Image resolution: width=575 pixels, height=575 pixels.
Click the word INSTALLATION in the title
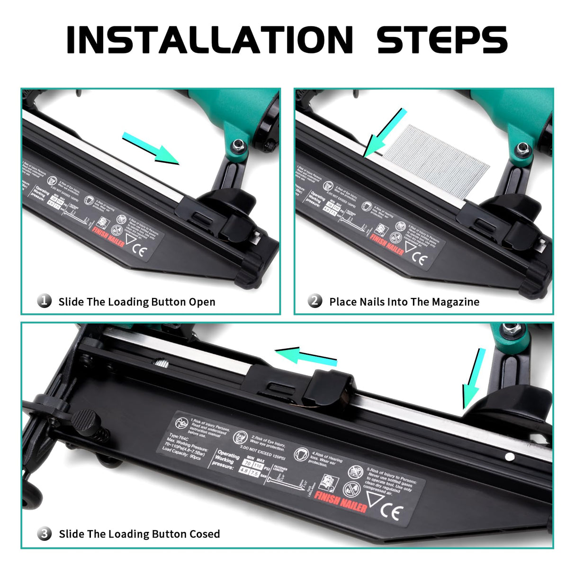210,39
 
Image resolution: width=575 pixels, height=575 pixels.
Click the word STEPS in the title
442,39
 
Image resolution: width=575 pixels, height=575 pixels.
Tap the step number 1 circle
45,301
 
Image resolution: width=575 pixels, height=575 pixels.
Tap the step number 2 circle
315,301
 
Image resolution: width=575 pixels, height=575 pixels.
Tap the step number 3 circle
45,534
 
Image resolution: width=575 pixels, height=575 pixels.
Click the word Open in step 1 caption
202,302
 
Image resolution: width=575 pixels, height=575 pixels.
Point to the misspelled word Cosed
205,534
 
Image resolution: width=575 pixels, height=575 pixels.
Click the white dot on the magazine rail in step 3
510,457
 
